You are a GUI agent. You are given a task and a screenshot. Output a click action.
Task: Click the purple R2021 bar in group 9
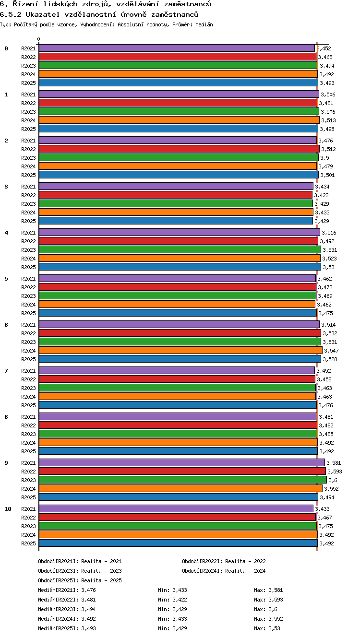point(182,462)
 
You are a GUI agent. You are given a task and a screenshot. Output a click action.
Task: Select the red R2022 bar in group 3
point(176,195)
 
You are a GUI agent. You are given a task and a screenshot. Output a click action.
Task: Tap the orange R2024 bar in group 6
point(180,350)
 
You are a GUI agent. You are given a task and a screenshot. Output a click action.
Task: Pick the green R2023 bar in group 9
point(183,480)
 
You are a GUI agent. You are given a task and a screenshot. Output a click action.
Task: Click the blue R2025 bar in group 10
point(178,543)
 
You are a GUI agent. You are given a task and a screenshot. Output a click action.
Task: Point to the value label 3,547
point(331,351)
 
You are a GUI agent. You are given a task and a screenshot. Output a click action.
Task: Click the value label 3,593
point(335,472)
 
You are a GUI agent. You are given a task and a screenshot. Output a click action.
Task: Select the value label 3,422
point(321,195)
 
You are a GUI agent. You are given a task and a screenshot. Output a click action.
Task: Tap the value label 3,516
point(329,233)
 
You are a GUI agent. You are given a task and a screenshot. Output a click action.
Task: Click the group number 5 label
point(6,279)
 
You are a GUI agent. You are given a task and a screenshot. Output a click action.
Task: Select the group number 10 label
point(8,509)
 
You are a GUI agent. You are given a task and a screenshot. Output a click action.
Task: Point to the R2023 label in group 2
point(28,158)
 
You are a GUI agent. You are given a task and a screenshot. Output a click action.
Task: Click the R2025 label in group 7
point(28,405)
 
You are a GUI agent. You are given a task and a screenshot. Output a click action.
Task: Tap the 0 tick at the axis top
point(39,39)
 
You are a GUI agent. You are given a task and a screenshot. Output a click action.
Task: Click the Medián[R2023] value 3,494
point(88,609)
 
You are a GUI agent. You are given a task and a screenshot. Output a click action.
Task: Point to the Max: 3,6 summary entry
point(265,609)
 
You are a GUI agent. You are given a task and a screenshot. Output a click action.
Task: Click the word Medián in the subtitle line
point(204,24)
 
